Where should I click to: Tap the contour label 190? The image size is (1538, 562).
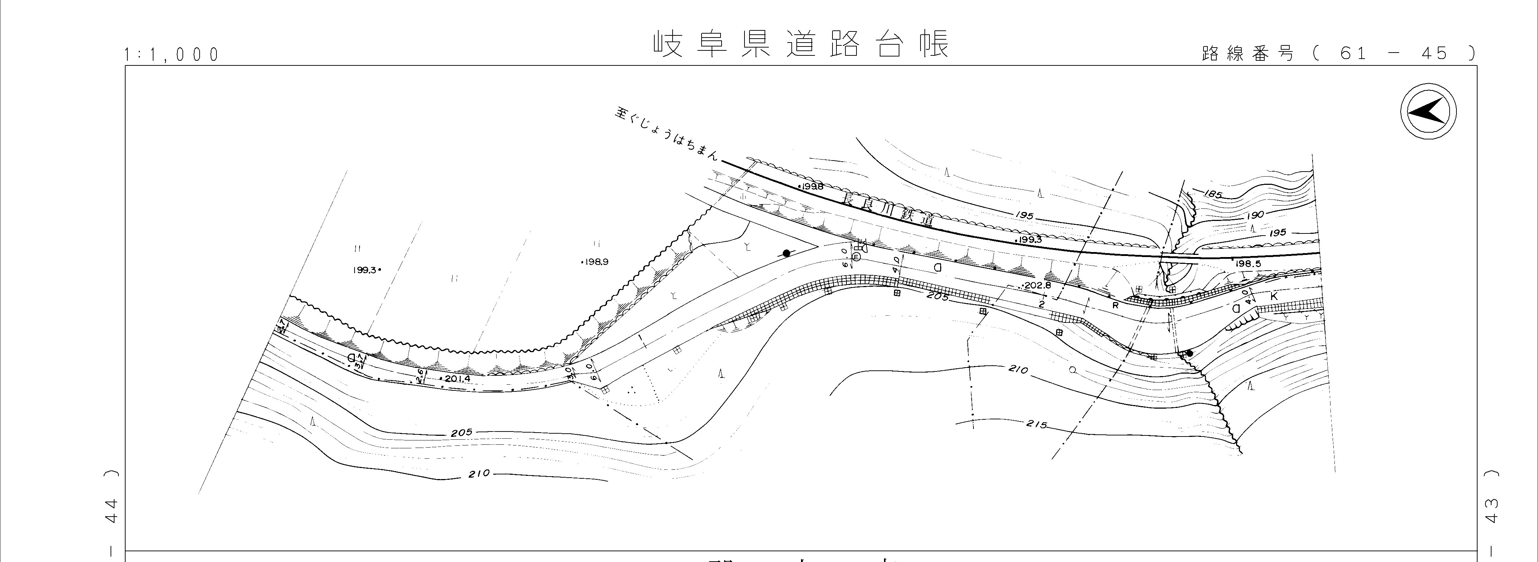(1255, 214)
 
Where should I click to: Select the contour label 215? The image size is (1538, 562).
(1036, 424)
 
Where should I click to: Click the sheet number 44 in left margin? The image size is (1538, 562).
(111, 511)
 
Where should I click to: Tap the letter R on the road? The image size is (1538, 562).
(1115, 305)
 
